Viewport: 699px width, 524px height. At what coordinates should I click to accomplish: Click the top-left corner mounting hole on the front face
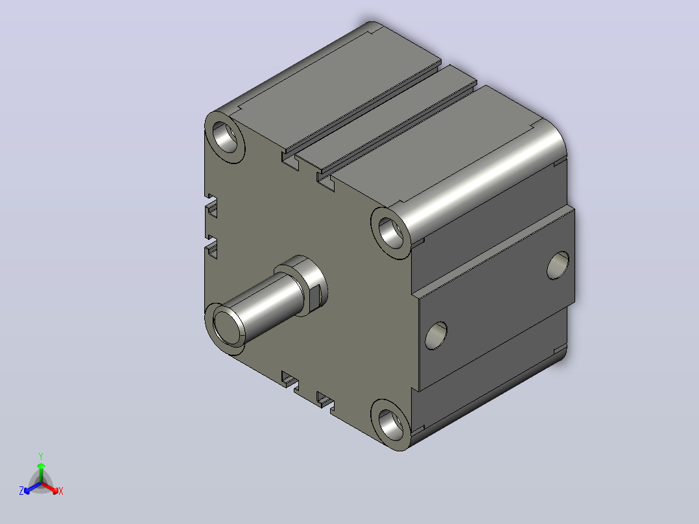click(224, 137)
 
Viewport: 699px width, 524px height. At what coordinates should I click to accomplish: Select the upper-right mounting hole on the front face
click(391, 233)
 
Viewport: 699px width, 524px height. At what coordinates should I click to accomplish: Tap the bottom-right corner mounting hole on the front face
click(391, 425)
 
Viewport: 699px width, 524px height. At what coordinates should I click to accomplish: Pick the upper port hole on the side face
click(558, 265)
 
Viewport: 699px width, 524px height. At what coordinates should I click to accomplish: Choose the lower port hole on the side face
click(436, 336)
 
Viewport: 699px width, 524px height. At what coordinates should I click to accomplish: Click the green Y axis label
click(41, 456)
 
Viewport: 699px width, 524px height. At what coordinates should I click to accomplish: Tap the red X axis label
click(61, 491)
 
